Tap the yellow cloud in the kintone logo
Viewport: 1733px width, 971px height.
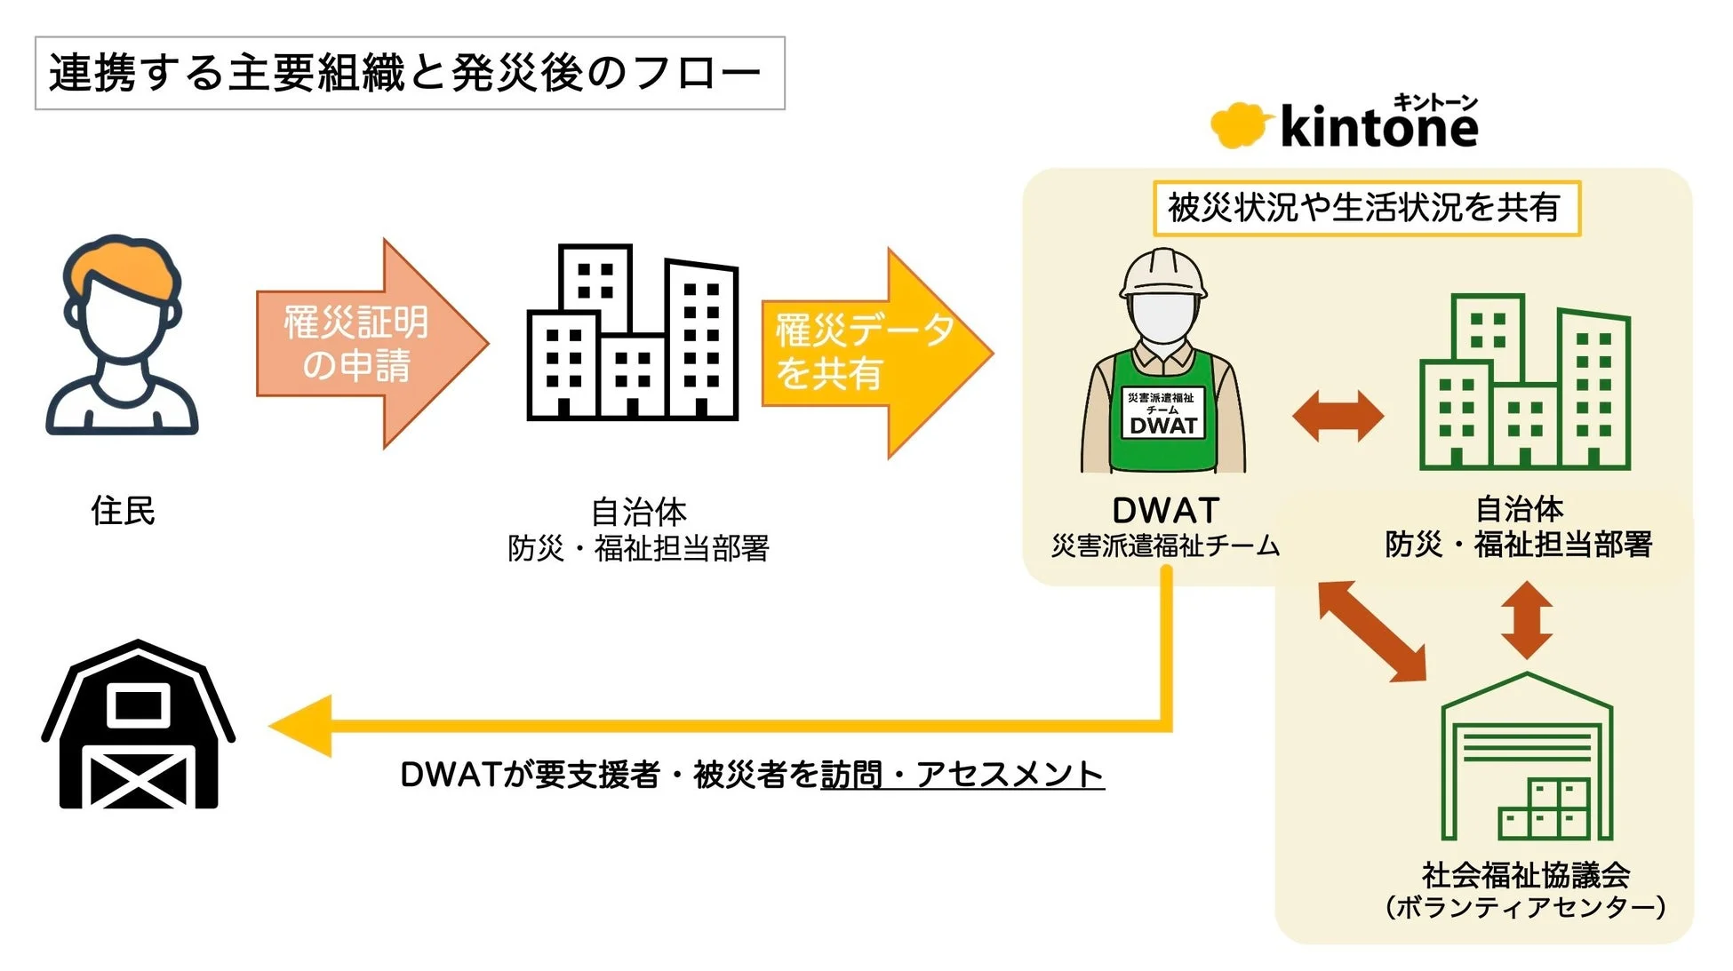(x=1236, y=125)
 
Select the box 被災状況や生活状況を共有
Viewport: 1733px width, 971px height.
(x=1365, y=208)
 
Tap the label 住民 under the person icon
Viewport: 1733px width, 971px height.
(x=123, y=511)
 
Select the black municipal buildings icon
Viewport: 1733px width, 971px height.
(x=633, y=333)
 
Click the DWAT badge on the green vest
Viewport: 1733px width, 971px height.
(x=1162, y=413)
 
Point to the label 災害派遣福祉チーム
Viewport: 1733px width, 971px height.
(x=1164, y=545)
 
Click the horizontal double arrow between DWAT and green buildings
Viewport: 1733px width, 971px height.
(x=1338, y=416)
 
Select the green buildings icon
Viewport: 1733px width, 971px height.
(x=1525, y=382)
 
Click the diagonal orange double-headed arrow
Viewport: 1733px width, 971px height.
(x=1371, y=631)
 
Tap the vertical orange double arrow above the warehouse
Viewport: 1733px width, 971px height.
(x=1526, y=620)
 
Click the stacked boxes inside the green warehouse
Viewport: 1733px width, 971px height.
(x=1545, y=810)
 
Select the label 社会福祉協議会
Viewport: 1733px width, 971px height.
(x=1525, y=875)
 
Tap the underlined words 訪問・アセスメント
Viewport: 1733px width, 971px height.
(x=962, y=775)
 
